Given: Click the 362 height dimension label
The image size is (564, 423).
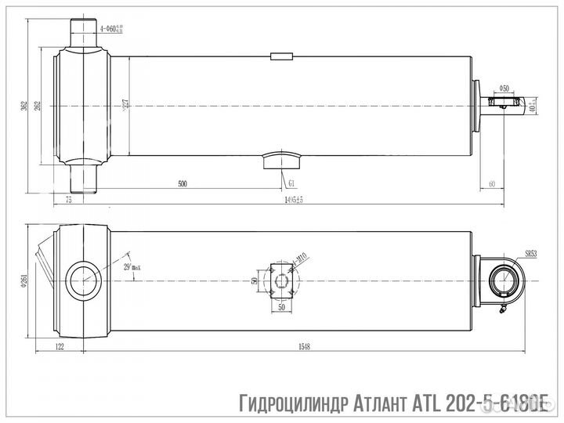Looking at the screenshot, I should pos(25,105).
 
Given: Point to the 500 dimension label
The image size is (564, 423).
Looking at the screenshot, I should pos(183,184).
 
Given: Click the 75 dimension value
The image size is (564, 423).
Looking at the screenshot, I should pos(69,201).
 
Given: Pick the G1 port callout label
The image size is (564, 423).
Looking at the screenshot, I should pos(291,183).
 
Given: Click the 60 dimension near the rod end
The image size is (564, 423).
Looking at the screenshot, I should pos(491,183).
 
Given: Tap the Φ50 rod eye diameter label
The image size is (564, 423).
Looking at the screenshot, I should pos(504,88).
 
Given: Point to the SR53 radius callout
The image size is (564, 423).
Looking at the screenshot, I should pos(530,254).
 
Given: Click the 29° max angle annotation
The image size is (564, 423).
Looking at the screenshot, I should pos(132,268).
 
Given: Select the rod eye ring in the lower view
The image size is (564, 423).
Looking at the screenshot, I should pos(503,278).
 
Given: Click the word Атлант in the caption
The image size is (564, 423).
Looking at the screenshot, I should pos(366,405).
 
